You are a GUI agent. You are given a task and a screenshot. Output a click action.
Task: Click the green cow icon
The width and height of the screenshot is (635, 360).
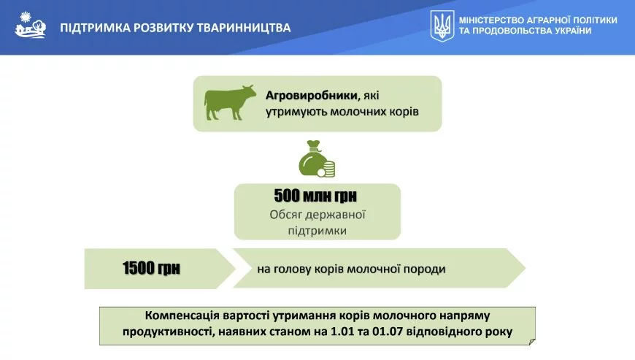point(230,103)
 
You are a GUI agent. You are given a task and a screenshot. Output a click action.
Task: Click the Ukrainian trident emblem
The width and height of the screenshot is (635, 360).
point(442,26)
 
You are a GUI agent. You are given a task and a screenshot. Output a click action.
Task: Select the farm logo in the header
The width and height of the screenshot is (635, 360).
point(31,25)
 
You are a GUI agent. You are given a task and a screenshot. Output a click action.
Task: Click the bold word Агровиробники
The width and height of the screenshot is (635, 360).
point(312,96)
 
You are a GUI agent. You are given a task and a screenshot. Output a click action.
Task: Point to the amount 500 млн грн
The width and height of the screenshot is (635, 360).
point(315,196)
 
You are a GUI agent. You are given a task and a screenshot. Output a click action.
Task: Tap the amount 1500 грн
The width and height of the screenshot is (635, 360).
point(151,268)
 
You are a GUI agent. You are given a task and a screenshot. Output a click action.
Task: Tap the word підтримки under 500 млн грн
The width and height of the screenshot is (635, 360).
point(317,231)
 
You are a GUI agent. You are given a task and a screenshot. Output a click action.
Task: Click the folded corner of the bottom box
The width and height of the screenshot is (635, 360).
point(532,342)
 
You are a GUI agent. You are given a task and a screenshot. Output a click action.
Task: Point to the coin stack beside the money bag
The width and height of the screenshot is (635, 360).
point(327,169)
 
